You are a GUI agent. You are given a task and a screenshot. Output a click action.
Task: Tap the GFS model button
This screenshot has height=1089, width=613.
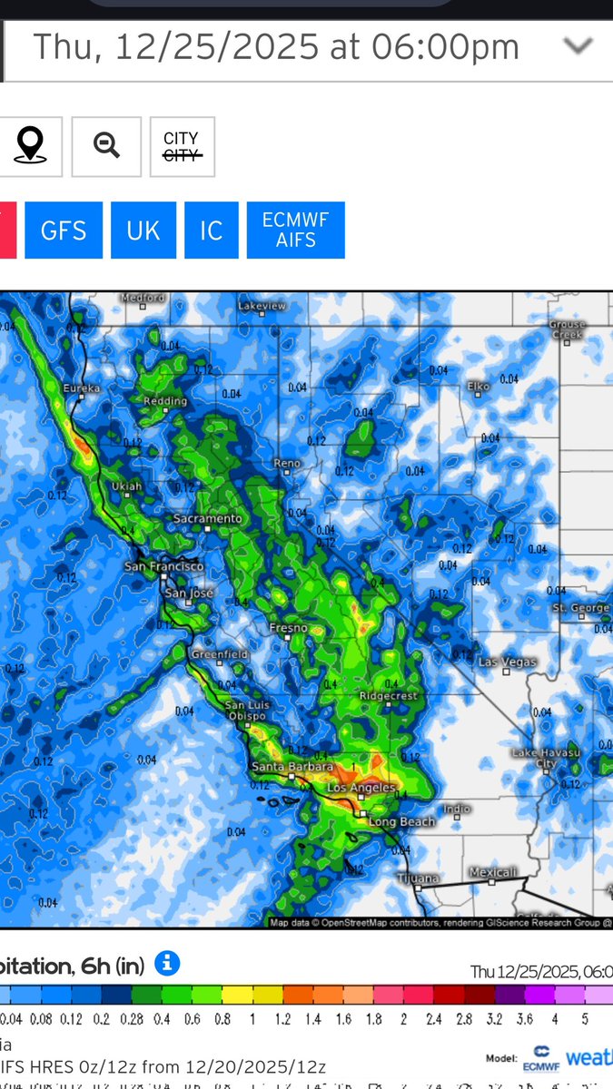pos(64,231)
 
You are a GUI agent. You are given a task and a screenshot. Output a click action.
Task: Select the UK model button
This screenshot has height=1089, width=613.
pos(143,231)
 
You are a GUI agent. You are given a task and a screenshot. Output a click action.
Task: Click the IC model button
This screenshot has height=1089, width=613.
pos(212,231)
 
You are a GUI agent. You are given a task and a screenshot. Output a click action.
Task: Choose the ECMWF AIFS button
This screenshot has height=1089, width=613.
pos(296,231)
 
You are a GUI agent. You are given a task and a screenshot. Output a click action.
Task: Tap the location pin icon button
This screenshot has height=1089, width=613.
pos(30,146)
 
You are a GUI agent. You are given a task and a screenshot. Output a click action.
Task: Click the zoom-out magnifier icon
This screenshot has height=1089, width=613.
pos(106,146)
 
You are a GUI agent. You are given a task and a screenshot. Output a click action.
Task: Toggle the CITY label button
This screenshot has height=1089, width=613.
pos(182,146)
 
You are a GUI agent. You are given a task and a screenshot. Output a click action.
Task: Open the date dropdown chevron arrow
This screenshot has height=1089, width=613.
pos(578,45)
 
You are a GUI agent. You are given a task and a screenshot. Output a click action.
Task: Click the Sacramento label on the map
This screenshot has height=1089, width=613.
pos(210,519)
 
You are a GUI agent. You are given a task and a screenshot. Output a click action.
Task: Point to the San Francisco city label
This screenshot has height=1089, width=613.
pos(164,567)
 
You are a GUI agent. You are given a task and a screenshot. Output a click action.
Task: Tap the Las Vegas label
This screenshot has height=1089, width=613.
pos(508,662)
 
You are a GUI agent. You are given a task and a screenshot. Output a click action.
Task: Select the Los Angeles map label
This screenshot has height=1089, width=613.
pos(361,788)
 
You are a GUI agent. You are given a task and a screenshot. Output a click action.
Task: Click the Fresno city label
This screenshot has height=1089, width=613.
pos(288,628)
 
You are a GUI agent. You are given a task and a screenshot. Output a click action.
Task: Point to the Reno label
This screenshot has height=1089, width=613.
pos(287,464)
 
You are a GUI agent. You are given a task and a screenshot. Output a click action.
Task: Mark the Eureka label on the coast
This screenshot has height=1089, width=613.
pos(81,388)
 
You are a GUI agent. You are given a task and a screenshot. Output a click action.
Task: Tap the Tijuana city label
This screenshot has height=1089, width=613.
pos(419,878)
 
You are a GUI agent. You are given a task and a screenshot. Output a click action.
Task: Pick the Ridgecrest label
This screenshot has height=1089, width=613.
pos(388,696)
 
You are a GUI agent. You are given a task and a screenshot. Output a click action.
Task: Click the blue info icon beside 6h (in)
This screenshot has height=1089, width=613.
pos(166,964)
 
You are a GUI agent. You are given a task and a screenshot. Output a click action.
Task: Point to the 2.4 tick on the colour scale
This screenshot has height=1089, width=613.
pos(435,1019)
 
